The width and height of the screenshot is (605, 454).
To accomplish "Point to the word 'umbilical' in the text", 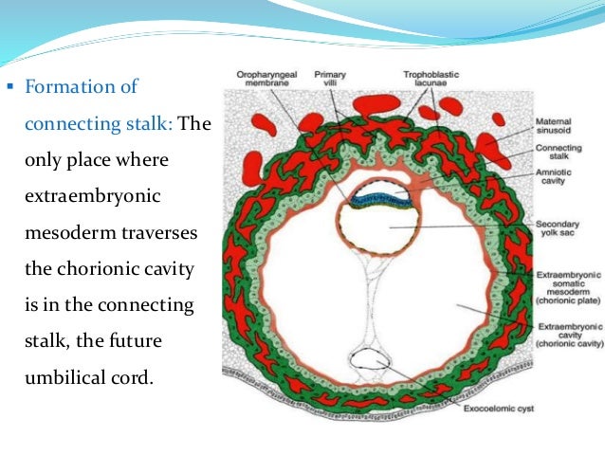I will pyautogui.click(x=61, y=376).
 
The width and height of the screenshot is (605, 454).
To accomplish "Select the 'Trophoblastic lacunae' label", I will pyautogui.click(x=424, y=75).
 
